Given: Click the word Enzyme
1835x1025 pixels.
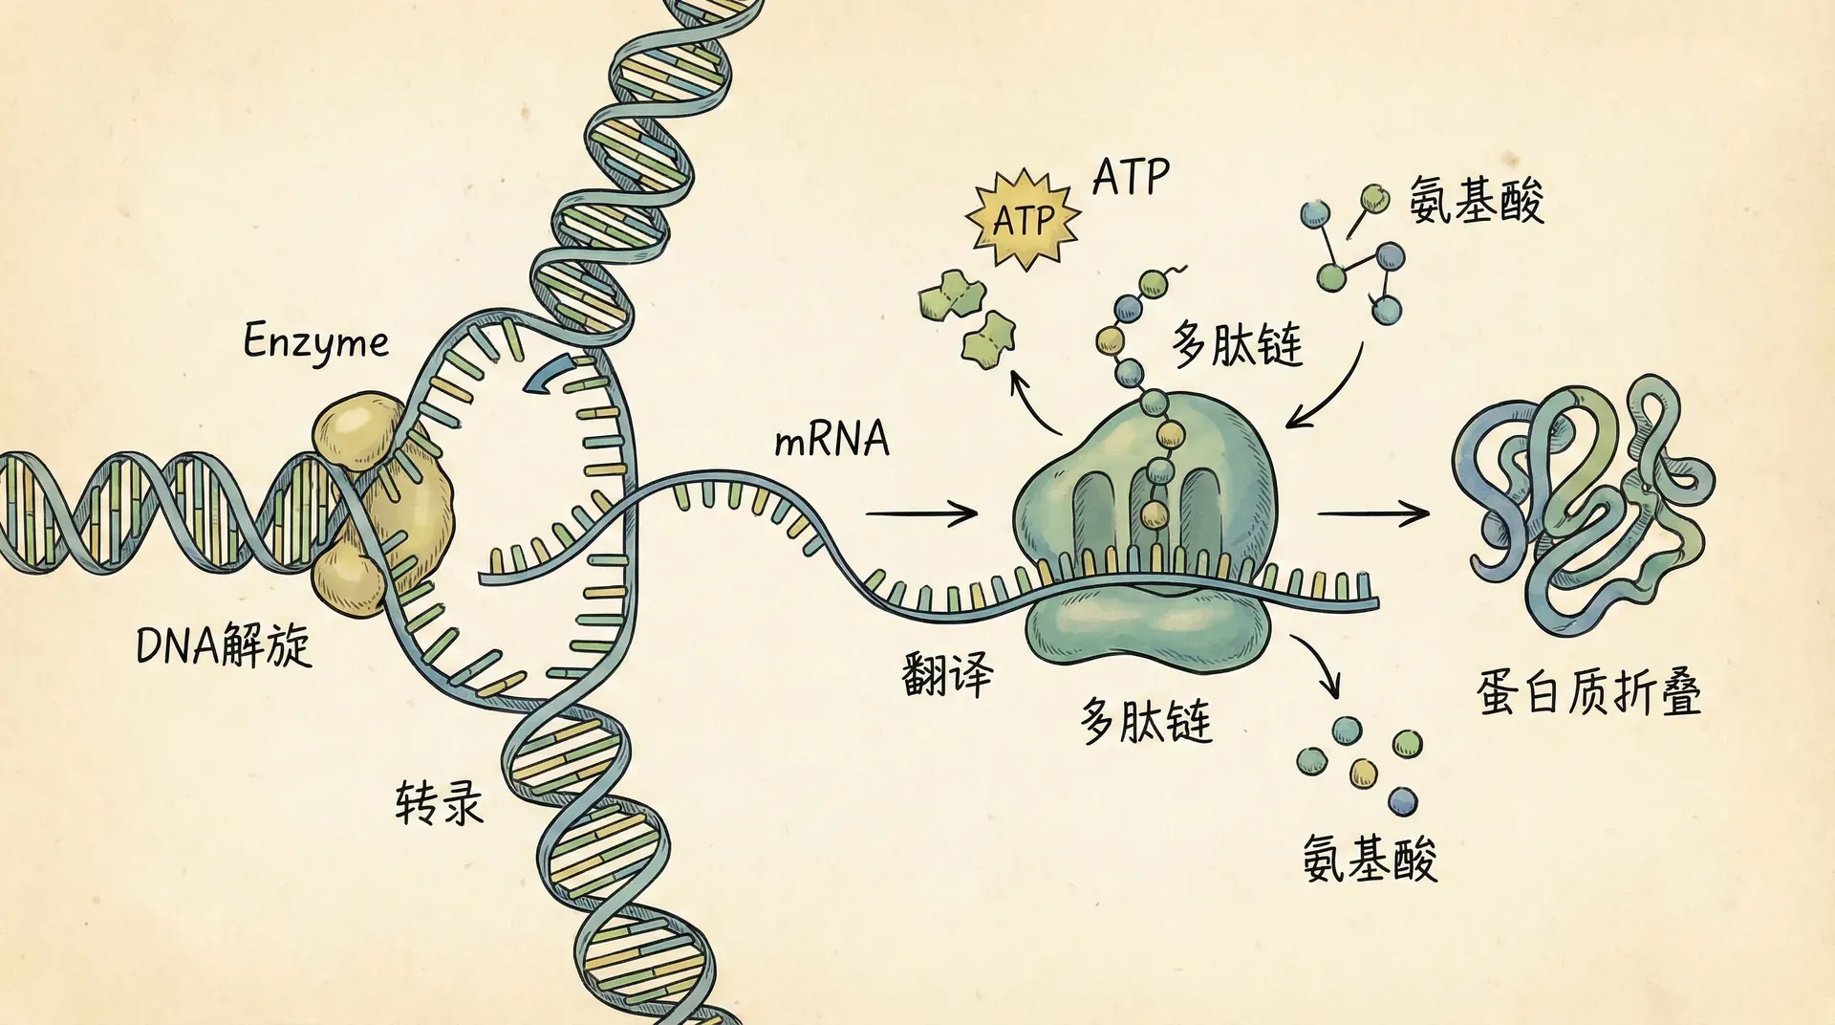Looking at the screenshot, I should [x=315, y=342].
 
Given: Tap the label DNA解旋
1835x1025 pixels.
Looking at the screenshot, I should [x=224, y=645].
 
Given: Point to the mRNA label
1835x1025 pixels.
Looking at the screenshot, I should [x=831, y=440].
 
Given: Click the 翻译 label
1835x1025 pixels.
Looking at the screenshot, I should [x=946, y=673].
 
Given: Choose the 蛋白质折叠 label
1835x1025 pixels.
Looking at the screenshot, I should [x=1588, y=692].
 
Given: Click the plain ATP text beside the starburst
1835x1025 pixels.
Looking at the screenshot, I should [x=1131, y=177].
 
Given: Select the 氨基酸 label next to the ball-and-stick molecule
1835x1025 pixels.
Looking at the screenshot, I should [x=1476, y=201].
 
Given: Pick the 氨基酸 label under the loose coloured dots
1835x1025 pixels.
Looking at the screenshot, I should [x=1369, y=857].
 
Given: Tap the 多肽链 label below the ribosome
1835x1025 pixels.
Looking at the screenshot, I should [x=1146, y=721].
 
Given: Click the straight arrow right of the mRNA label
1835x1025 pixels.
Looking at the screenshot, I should [x=921, y=513].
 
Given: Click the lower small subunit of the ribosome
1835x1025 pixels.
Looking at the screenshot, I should [x=1147, y=626].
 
